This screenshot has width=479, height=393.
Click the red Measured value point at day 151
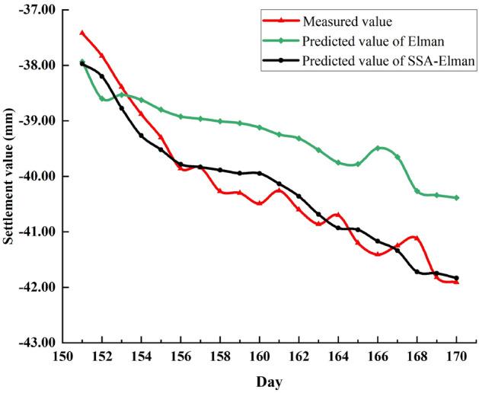point(82,33)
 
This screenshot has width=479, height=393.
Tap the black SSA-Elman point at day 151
point(82,64)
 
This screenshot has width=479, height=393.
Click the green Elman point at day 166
point(378,148)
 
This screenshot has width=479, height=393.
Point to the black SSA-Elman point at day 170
point(457,278)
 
